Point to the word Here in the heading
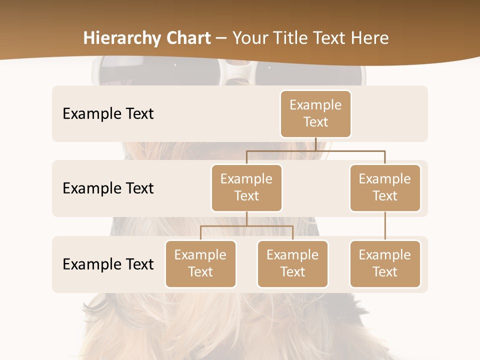tap(370, 38)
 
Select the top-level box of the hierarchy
tap(315, 113)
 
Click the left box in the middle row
tap(246, 187)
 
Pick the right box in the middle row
tap(385, 187)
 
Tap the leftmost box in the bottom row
tap(200, 263)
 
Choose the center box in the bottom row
tap(292, 263)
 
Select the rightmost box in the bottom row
tap(385, 263)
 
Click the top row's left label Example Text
tap(108, 113)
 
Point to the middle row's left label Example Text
tap(108, 188)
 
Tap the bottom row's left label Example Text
tap(108, 264)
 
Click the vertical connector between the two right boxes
tap(385, 226)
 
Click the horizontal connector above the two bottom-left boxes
tap(246, 226)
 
